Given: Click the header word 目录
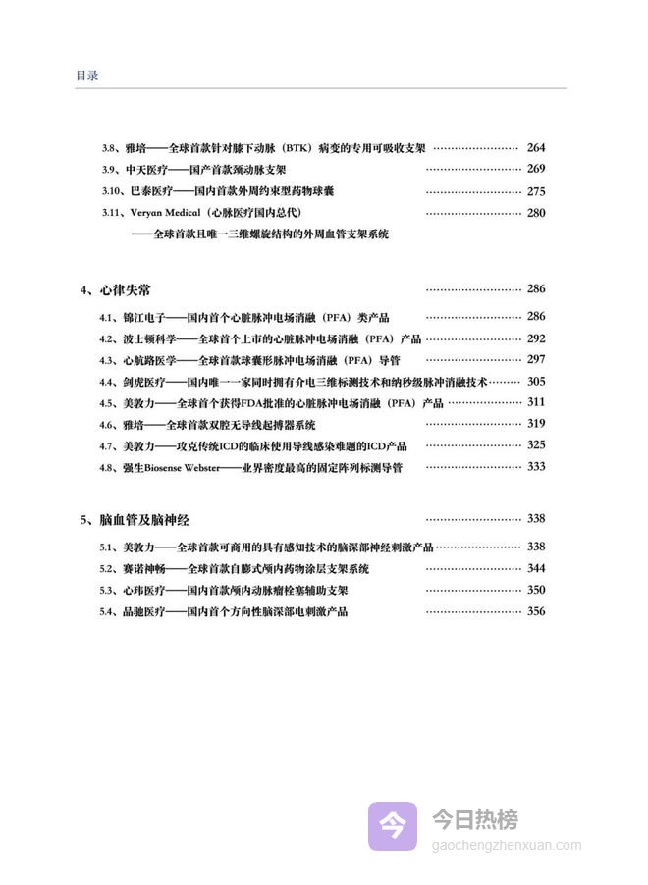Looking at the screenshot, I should coord(86,76).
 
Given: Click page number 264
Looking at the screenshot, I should coord(535,148).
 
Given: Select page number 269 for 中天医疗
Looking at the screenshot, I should coord(535,170).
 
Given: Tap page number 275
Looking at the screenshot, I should coord(535,191).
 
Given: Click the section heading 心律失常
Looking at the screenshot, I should coord(125,290).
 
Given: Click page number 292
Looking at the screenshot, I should coord(535,338).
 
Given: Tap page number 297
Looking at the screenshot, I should coord(535,360).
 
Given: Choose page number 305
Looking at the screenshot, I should coord(535,382).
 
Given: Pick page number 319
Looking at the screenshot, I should coord(535,425).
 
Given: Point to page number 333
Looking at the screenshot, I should coord(535,468).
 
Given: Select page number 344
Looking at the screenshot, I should coord(535,568).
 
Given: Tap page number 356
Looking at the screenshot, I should coord(535,611).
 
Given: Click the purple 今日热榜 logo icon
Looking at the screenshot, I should coord(393,825).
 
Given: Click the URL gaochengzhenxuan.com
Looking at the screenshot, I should coord(507,845).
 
